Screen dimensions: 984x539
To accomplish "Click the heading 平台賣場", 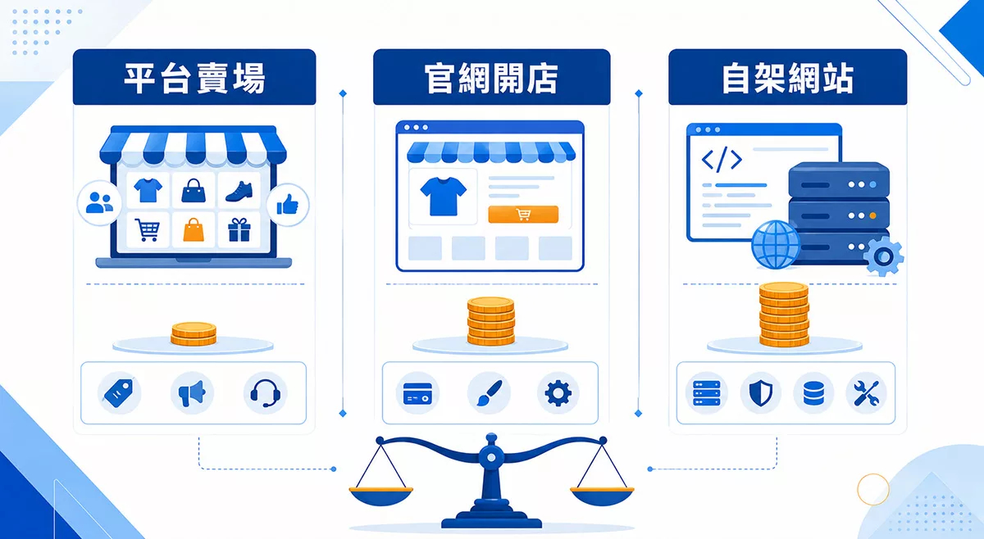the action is [194, 78].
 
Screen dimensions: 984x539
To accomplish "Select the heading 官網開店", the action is [491, 78].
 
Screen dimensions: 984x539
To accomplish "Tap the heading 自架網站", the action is [788, 78].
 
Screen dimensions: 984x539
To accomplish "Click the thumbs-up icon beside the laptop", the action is [288, 205].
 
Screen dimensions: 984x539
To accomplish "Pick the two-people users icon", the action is [99, 203].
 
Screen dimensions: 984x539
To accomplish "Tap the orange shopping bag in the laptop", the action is [194, 230].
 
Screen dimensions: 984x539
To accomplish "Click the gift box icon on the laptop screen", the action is [239, 230].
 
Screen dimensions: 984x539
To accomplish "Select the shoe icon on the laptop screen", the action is [239, 192].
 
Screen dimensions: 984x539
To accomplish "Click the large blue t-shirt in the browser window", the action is [443, 197].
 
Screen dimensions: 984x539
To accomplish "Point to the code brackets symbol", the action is [722, 160].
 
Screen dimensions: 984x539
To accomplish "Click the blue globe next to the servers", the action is [776, 244].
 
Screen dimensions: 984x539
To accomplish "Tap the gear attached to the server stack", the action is [883, 256].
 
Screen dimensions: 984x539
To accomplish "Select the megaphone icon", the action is [192, 393].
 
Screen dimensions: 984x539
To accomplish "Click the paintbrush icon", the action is [489, 393].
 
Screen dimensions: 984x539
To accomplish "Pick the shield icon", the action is [761, 393].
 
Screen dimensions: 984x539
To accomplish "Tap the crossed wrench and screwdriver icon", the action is [866, 393].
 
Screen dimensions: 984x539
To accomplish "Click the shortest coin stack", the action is [194, 334].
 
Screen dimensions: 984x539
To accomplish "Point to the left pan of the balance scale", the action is [380, 496].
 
